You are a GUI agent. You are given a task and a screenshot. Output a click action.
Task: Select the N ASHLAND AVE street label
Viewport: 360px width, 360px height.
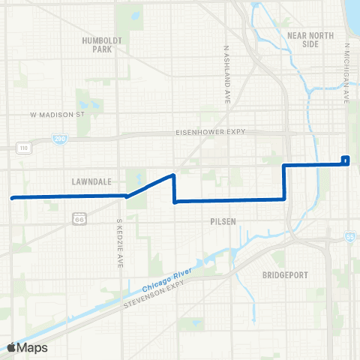[x=225, y=73]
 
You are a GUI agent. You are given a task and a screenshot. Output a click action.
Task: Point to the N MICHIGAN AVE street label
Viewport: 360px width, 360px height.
[x=347, y=73]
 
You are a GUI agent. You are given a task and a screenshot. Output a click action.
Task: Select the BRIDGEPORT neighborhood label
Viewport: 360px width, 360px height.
[x=286, y=275]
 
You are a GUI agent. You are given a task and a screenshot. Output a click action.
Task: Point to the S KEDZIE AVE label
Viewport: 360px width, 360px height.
[x=119, y=244]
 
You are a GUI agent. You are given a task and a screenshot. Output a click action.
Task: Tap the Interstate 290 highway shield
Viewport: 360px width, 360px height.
[x=58, y=139]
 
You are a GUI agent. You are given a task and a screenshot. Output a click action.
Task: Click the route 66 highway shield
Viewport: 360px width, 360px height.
[x=79, y=218]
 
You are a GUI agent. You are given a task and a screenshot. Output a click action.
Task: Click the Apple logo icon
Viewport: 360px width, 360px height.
[x=12, y=347]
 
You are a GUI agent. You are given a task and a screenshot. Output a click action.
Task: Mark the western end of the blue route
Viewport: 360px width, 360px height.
[x=12, y=198]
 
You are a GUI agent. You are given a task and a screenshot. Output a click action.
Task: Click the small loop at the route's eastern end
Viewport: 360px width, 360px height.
[x=345, y=159]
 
